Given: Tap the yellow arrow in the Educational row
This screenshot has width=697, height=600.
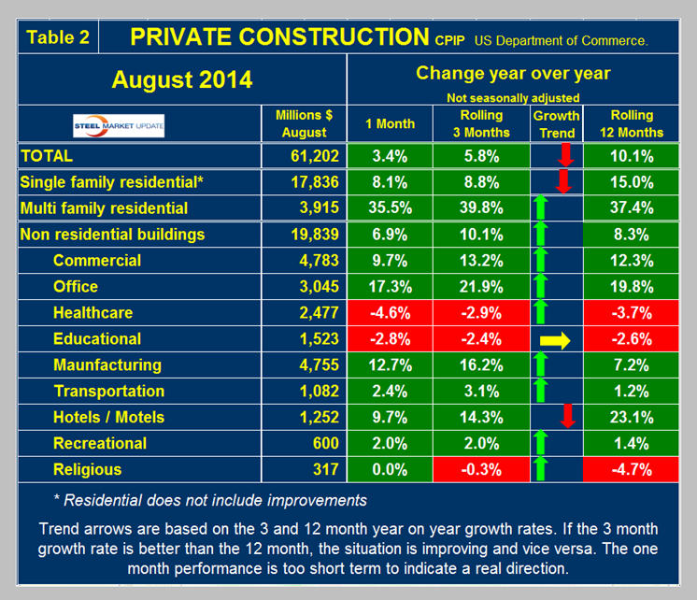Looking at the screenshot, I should [557, 339].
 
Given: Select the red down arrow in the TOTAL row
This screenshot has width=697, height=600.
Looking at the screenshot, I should [563, 155].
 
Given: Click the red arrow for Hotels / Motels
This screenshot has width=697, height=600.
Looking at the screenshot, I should [565, 418].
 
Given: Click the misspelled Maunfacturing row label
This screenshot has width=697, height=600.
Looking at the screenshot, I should [107, 365].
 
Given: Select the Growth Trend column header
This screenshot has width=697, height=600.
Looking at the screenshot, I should [556, 123].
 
